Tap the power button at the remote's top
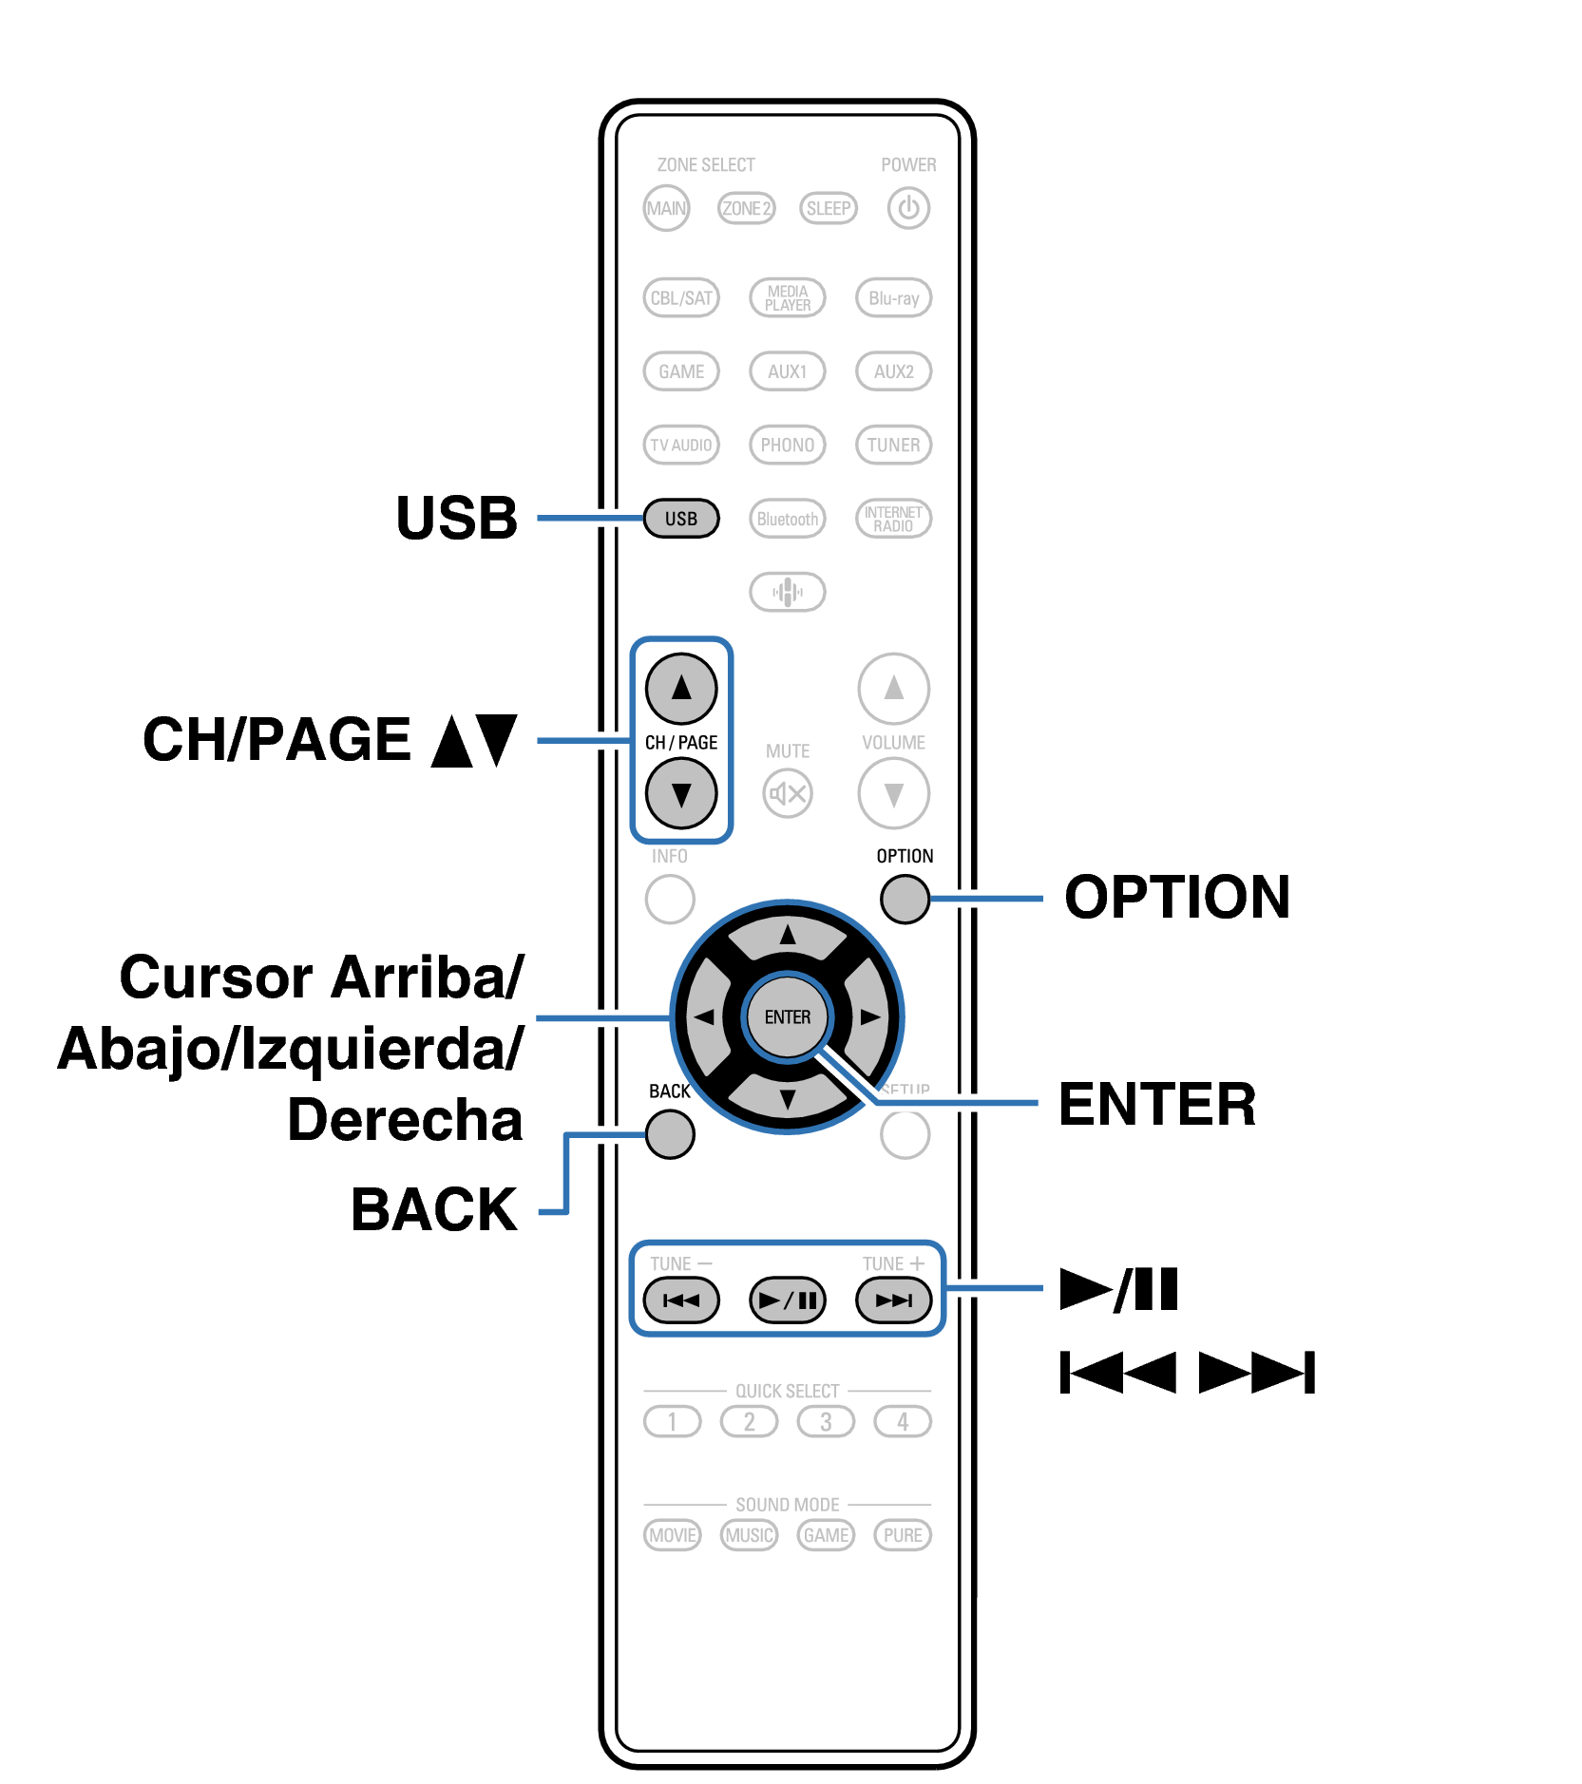point(907,208)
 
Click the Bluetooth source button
point(787,519)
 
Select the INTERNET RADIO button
point(893,519)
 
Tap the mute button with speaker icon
point(787,793)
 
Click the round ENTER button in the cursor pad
point(787,1017)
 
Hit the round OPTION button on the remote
point(904,899)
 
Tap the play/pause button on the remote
point(787,1300)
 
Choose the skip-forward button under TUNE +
point(893,1300)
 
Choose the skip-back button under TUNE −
point(680,1300)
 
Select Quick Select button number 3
point(825,1421)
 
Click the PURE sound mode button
point(902,1535)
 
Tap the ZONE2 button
point(747,208)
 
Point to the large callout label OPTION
point(1176,897)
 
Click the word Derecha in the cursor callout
point(405,1120)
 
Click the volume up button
point(893,688)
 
